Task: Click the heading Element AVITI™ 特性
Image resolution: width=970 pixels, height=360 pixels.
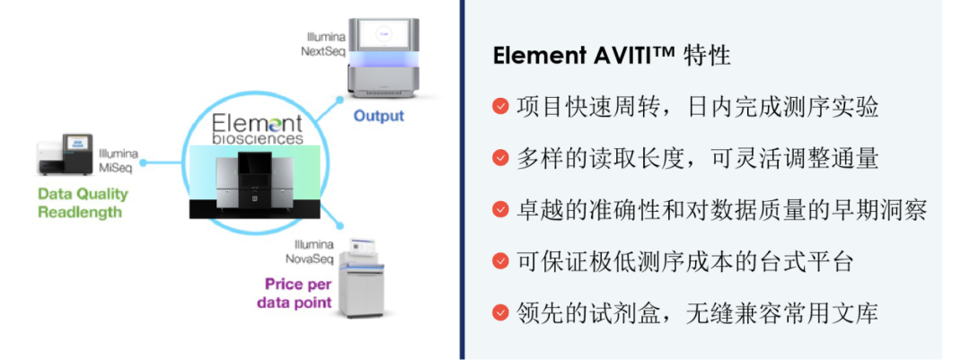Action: [x=612, y=56]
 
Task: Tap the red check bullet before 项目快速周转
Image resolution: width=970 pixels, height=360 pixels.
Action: [x=501, y=107]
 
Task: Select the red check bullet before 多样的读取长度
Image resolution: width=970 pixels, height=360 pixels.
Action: [x=501, y=158]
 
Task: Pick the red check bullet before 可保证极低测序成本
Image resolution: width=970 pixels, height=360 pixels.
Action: [x=501, y=261]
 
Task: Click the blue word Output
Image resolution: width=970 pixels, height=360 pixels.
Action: [x=378, y=116]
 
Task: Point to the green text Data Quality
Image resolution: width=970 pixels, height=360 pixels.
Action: [x=83, y=194]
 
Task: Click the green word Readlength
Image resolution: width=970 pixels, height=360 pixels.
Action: [x=79, y=212]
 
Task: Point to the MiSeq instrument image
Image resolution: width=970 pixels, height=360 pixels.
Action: [x=65, y=156]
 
